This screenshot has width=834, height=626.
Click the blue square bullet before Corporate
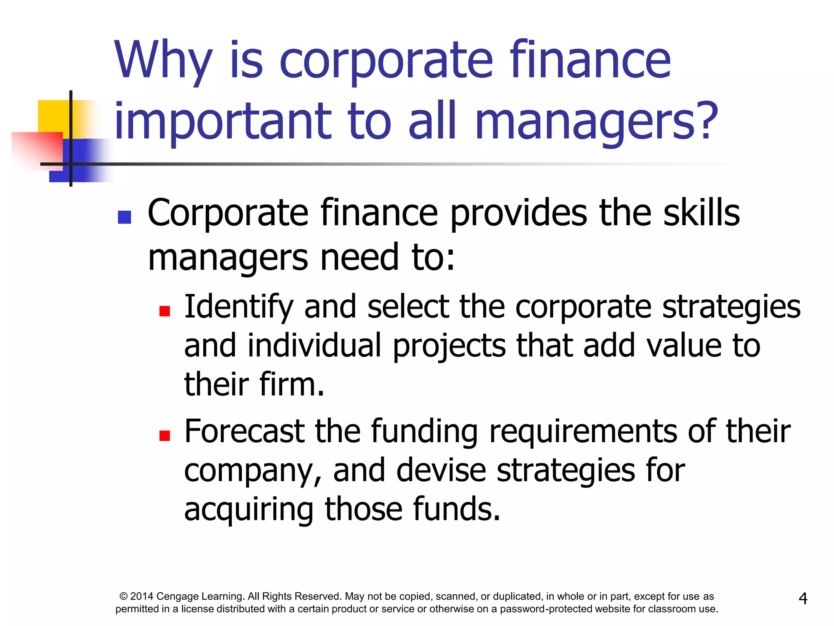pos(124,217)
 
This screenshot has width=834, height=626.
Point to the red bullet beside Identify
pos(165,311)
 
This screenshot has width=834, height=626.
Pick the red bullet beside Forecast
pos(165,436)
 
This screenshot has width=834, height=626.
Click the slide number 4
pos(803,598)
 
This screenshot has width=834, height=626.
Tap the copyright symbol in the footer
pos(123,597)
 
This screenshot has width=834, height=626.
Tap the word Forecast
pos(244,431)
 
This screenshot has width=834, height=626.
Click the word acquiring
pos(249,509)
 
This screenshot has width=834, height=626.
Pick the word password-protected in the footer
pos(546,609)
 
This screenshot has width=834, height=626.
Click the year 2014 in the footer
pos(142,597)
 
